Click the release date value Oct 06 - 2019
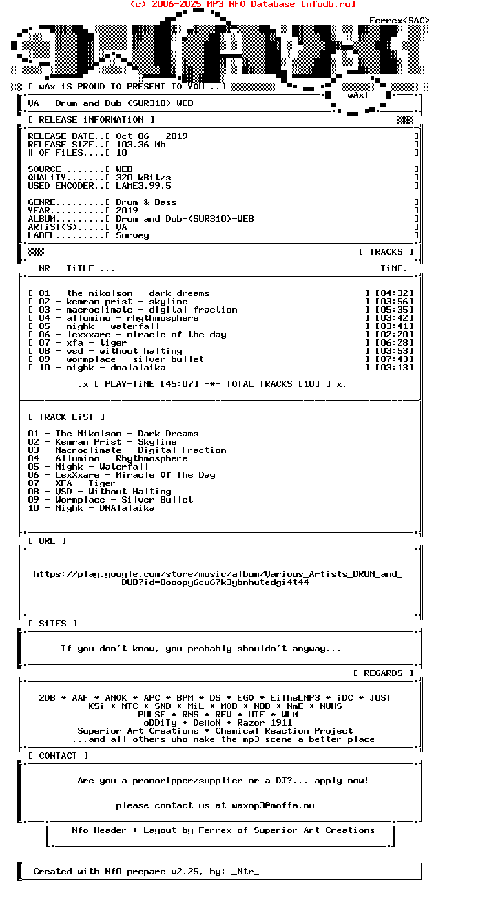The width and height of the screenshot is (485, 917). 152,136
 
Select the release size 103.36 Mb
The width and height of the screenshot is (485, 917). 141,145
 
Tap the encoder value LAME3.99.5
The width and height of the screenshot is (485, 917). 143,186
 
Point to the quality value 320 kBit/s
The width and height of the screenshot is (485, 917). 143,178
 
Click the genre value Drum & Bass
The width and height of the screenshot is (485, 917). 146,202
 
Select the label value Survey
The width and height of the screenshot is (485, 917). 132,235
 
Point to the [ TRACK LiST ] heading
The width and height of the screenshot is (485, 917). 66,417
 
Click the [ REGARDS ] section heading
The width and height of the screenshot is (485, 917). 383,673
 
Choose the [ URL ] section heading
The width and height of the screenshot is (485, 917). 47,541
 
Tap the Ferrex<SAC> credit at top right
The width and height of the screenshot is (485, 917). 399,21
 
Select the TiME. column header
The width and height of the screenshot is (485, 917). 394,268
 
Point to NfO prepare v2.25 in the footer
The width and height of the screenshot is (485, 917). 149,872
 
